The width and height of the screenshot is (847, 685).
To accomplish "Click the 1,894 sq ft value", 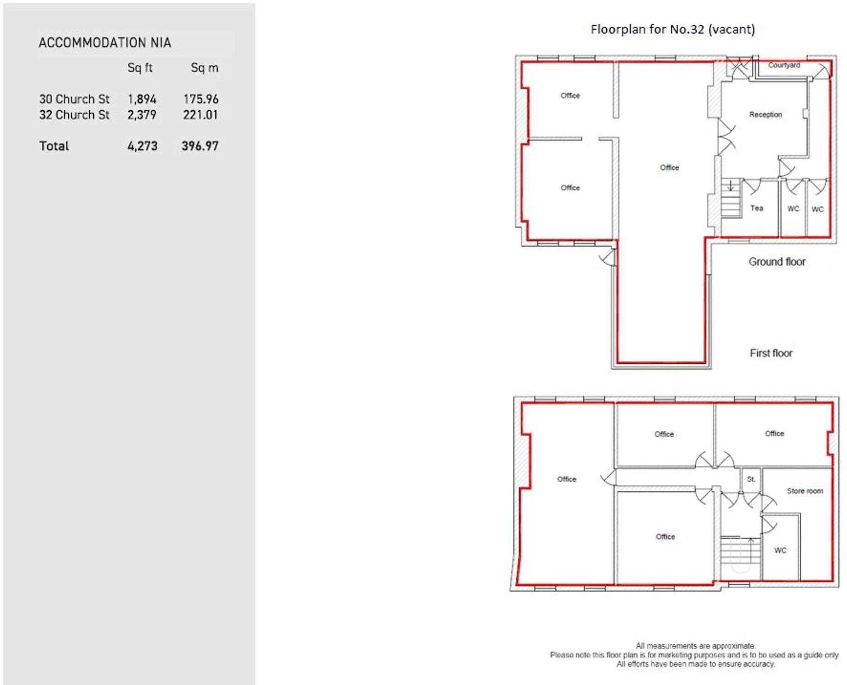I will (x=142, y=99).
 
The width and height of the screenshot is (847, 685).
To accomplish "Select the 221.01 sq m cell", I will (x=200, y=115).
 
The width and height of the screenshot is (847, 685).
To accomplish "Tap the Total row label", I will (x=54, y=146).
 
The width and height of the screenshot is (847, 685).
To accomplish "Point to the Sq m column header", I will (x=204, y=68).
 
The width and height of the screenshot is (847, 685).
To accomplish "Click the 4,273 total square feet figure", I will (x=142, y=146).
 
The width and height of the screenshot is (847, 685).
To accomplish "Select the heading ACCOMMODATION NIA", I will (x=104, y=43).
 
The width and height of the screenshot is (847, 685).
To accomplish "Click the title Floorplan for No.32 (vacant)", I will (x=672, y=29).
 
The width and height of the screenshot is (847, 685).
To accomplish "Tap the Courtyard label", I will (x=784, y=65).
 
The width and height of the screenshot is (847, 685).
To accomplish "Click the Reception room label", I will (x=765, y=115).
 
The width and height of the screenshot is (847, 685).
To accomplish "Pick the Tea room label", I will (x=756, y=208).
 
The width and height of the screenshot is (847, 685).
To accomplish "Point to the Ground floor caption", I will (x=777, y=262).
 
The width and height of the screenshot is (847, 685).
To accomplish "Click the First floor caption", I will (x=771, y=353).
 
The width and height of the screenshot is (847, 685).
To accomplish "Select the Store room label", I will (x=804, y=491).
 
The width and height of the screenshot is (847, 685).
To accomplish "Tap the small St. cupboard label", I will (x=751, y=479).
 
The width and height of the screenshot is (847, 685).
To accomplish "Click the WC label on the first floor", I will (x=780, y=551).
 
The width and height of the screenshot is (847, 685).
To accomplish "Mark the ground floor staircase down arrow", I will (x=730, y=186).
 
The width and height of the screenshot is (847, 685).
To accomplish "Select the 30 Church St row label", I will (x=74, y=99).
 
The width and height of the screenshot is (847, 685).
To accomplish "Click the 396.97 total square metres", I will (x=200, y=146).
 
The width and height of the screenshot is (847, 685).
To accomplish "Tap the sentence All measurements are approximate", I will (x=695, y=646).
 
